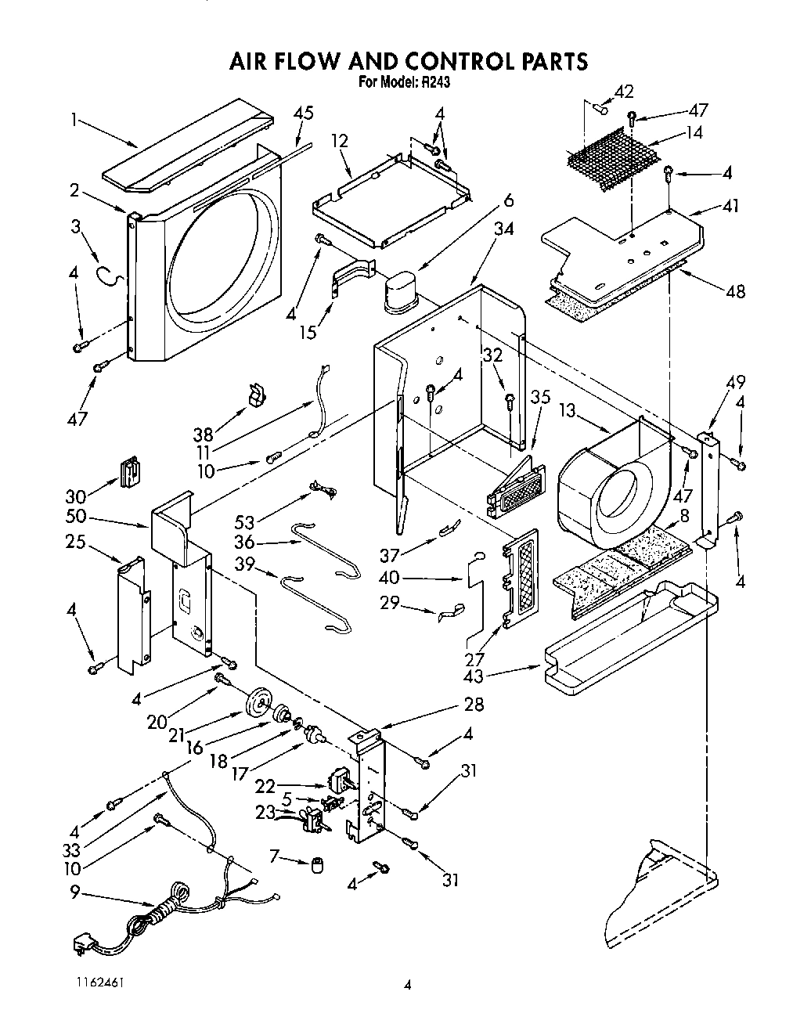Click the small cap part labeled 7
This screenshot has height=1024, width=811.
click(x=319, y=865)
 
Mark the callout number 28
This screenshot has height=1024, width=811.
click(x=474, y=704)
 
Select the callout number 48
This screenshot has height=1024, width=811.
click(x=735, y=291)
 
